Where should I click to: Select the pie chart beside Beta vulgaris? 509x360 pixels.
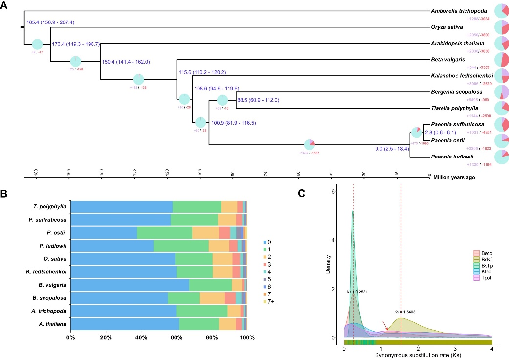click(x=501, y=60)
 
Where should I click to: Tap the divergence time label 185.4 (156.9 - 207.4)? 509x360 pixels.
click(x=47, y=22)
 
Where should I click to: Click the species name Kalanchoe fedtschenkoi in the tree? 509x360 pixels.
click(x=462, y=76)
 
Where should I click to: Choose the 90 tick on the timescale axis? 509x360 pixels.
click(x=233, y=173)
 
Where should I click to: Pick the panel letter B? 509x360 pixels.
click(x=4, y=193)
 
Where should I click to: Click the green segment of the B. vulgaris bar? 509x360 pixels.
click(x=210, y=285)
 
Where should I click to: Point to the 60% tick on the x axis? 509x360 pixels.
click(x=177, y=338)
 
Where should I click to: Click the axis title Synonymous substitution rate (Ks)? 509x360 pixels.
click(x=418, y=356)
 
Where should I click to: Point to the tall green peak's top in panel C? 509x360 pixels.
click(x=352, y=211)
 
